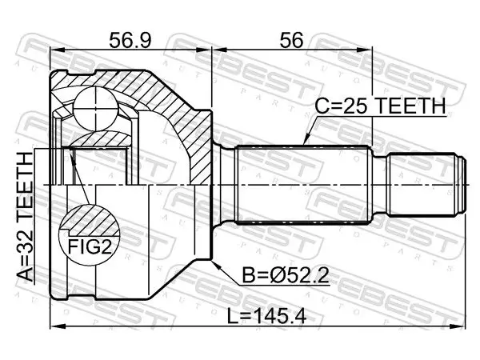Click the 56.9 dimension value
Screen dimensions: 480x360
coord(130,41)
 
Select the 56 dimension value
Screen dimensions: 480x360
coord(291,40)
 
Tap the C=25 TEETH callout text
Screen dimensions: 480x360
coord(380,106)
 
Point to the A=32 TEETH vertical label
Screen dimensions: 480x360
coord(25,217)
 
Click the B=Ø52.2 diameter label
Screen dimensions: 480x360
coord(286,275)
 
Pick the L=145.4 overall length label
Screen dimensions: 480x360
coord(266,316)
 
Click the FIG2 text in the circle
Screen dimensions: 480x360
coord(90,246)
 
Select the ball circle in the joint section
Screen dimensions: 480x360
coord(95,108)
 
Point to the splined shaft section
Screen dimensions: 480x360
coord(303,185)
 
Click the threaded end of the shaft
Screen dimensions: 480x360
coord(426,185)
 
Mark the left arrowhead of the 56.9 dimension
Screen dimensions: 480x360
coord(56,49)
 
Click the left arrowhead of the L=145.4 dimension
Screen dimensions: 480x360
coord(56,326)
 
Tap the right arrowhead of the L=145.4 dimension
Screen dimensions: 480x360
coord(459,326)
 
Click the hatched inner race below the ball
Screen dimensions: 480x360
coord(100,138)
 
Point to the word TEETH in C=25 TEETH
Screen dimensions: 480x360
coord(410,106)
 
